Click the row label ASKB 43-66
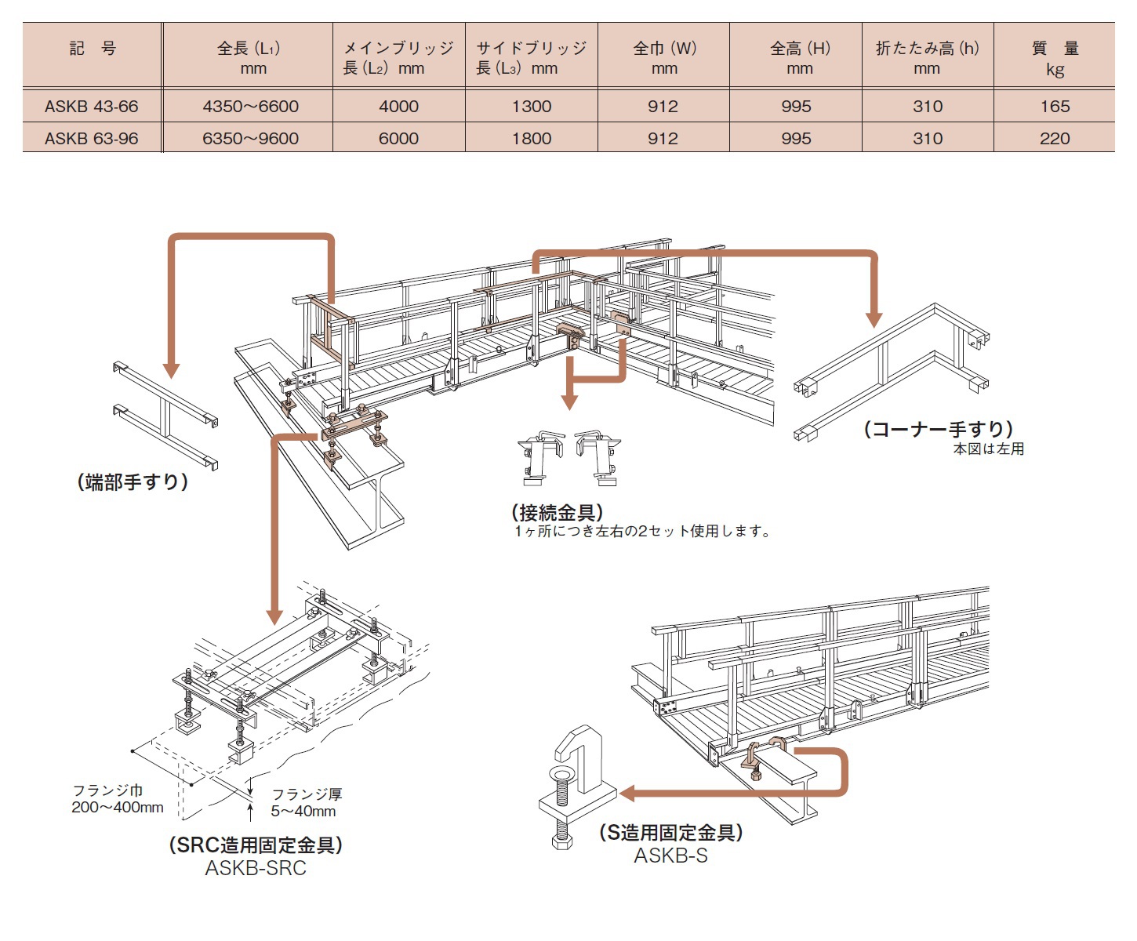coord(91,107)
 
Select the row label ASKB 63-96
coord(91,139)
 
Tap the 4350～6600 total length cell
coord(250,107)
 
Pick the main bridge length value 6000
coord(398,139)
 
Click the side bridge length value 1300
coord(532,107)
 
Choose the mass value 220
coord(1055,139)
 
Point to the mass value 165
coord(1055,107)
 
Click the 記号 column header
coord(93,49)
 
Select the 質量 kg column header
coord(1055,58)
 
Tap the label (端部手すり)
coord(133,481)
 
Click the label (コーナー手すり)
coord(939,429)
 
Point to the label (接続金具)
coord(558,513)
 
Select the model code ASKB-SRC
coord(256,868)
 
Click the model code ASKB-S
coord(670,856)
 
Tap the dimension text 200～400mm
coord(118,807)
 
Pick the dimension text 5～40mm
coord(303,812)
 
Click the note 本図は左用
coord(988,449)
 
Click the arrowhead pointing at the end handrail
coord(172,370)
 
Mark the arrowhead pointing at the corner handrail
coord(874,319)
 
